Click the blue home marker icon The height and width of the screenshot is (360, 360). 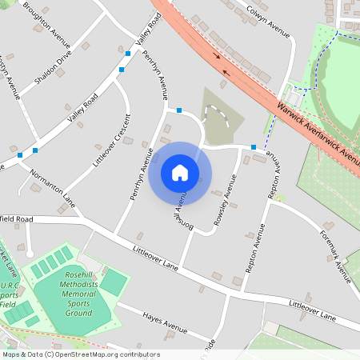pos(180,172)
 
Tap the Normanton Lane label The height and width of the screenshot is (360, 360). pos(53,188)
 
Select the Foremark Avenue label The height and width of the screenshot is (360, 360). pos(336,256)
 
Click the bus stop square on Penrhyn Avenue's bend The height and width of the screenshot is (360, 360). pos(179,110)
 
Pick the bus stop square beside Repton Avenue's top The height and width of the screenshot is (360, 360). pos(253,146)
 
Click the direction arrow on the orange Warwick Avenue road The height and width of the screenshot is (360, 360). pos(216,56)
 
